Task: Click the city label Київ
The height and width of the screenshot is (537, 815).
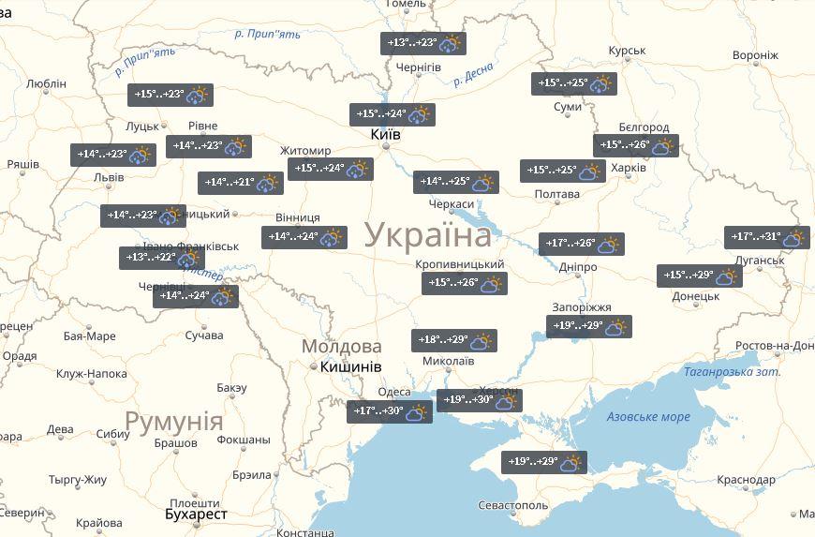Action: [x=386, y=135]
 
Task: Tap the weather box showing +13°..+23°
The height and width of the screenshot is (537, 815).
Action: [x=423, y=43]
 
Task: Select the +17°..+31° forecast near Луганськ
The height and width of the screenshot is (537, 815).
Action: [x=766, y=238]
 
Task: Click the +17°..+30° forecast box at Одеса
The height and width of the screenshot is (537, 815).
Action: [x=389, y=411]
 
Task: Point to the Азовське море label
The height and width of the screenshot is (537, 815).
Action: [x=647, y=417]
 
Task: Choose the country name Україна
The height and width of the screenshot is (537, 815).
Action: [x=427, y=234]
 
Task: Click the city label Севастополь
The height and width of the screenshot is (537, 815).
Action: [x=512, y=505]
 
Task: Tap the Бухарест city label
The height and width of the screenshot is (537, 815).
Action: [x=196, y=515]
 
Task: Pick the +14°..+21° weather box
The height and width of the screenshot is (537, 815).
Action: [x=240, y=183]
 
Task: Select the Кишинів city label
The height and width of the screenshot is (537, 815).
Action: [x=350, y=366]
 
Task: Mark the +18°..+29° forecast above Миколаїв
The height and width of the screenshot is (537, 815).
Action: [x=454, y=340]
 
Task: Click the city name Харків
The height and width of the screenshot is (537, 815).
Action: [x=628, y=168]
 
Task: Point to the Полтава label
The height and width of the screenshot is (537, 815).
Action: [x=556, y=195]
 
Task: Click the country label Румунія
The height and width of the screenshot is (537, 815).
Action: [x=174, y=420]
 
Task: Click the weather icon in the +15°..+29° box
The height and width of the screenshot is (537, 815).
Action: [x=727, y=276]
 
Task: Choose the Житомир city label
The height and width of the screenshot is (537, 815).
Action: [x=305, y=151]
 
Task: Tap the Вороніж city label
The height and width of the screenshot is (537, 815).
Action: [x=755, y=55]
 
